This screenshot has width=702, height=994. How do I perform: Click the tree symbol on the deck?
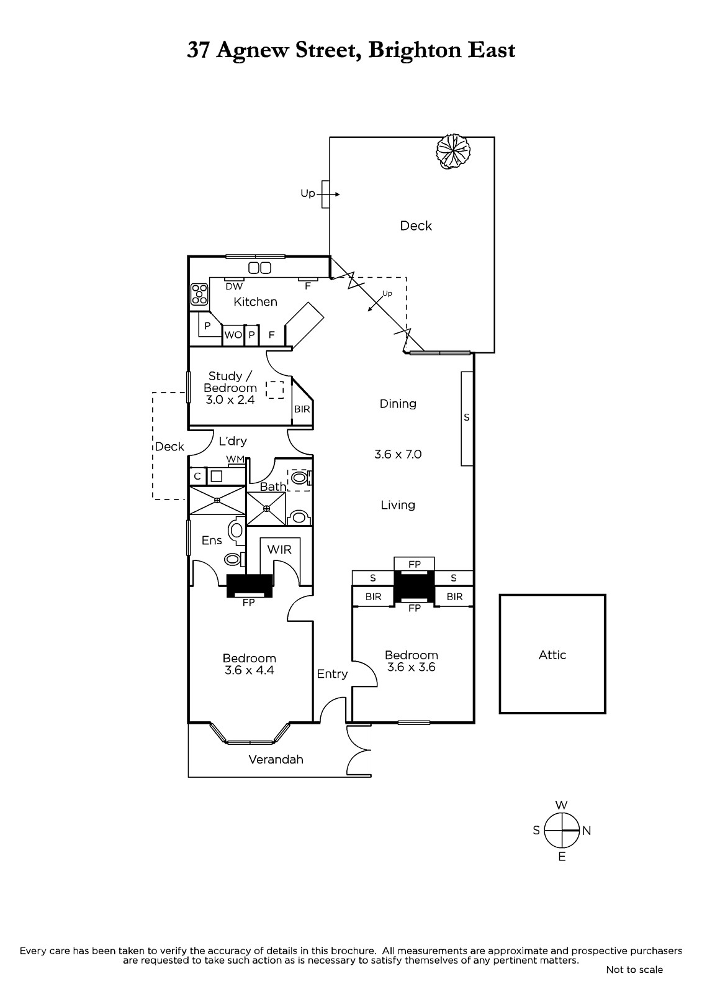452,151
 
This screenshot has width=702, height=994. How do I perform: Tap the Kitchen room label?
256,302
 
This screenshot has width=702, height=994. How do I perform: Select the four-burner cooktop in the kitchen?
199,294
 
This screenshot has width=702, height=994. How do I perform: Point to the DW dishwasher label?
234,286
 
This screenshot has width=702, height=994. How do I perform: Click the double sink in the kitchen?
260,268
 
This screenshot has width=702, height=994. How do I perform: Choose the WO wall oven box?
233,335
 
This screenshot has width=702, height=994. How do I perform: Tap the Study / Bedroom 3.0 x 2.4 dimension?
230,400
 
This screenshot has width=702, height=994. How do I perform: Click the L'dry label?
233,441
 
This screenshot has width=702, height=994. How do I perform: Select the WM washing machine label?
235,459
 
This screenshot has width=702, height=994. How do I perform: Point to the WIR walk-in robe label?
279,549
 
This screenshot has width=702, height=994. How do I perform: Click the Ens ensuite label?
212,540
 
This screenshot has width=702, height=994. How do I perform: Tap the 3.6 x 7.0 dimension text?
398,454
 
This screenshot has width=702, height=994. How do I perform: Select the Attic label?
552,655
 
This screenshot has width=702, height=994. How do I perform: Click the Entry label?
332,674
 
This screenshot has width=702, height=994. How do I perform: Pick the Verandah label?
276,759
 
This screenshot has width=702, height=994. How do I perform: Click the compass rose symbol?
562,830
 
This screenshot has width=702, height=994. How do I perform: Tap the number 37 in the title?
197,50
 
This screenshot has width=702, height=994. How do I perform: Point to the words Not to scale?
634,970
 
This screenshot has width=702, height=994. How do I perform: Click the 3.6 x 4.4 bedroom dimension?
250,670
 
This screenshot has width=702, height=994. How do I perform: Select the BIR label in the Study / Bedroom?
302,409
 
